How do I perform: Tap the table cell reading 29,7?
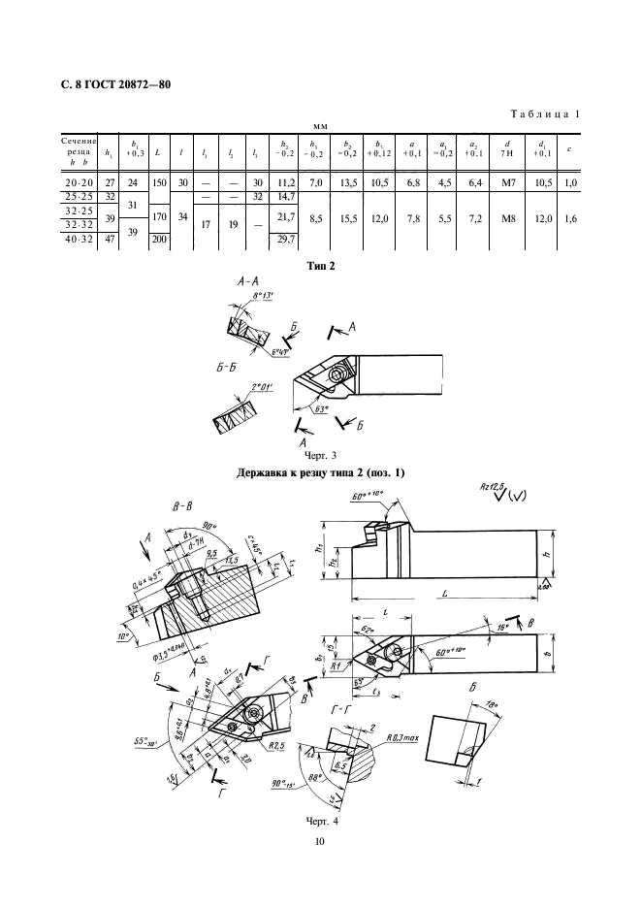285,239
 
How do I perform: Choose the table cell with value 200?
156,239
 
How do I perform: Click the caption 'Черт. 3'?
320,454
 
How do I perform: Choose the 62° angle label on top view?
369,632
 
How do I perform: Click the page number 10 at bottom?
320,840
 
